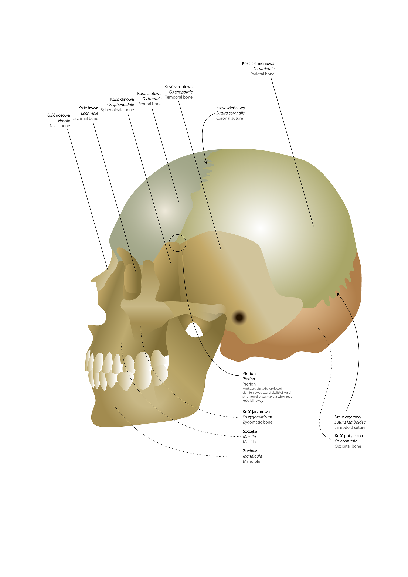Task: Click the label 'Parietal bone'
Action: [x=262, y=74]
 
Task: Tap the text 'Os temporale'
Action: [x=181, y=92]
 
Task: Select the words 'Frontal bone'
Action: [x=150, y=104]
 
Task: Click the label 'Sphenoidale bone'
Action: [x=117, y=110]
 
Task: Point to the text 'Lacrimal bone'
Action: [x=85, y=119]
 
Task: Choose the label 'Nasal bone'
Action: [x=59, y=126]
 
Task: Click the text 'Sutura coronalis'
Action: [x=230, y=113]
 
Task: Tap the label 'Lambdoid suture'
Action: [x=350, y=427]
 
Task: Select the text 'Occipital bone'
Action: [x=348, y=446]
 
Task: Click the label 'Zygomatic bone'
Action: [x=257, y=422]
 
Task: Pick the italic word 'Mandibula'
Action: [x=252, y=456]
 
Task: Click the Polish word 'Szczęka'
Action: [x=250, y=431]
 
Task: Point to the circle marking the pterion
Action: [x=177, y=243]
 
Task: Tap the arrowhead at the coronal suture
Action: [x=206, y=162]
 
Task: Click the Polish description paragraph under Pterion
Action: [x=267, y=395]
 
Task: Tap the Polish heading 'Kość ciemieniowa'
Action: [x=258, y=64]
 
